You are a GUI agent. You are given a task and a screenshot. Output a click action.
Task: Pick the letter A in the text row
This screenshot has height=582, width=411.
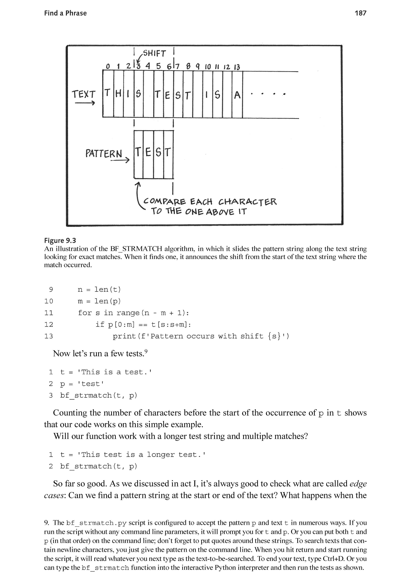pyautogui.click(x=237, y=95)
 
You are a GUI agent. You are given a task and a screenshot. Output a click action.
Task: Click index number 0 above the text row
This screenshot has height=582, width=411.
pyautogui.click(x=108, y=67)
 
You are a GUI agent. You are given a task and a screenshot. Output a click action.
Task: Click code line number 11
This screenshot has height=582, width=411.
pyautogui.click(x=49, y=313)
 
